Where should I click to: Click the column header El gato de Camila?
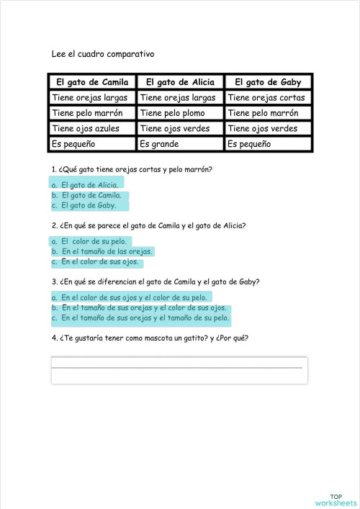tap(92, 82)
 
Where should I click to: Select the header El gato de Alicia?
tap(180, 82)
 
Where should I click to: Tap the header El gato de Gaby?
tap(268, 82)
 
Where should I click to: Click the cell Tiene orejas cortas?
tap(268, 98)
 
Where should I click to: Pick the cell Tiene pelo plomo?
tap(180, 113)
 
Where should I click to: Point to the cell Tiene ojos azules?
tap(92, 129)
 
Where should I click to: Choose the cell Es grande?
tap(180, 144)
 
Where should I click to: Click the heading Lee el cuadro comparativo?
tap(103, 54)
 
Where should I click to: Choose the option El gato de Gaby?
tap(89, 205)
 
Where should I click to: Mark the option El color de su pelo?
tap(93, 241)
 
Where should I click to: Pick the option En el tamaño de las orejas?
tap(106, 251)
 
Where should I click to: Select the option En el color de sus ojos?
tap(99, 261)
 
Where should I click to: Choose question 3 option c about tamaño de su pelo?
tap(145, 317)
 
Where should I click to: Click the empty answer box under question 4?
tap(179, 371)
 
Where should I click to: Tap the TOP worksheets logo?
tap(336, 499)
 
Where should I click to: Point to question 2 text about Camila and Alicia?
tap(149, 225)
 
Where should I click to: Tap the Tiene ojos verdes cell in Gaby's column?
tap(268, 129)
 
